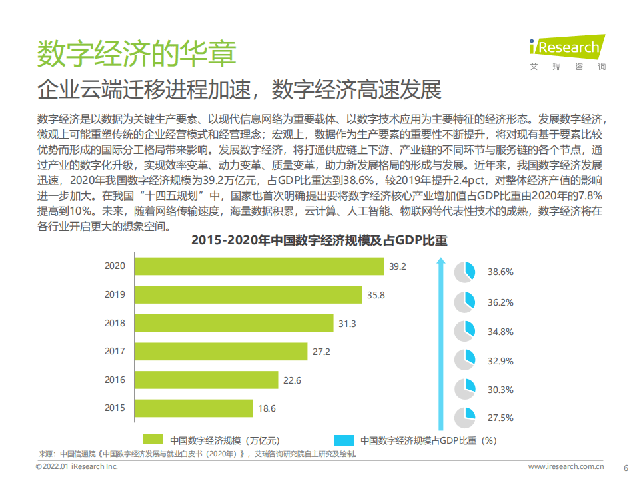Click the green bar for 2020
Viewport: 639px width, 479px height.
pos(259,266)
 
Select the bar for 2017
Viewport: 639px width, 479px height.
pos(221,351)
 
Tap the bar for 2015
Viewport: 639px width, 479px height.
pos(193,408)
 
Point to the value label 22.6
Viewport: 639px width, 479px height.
pos(292,380)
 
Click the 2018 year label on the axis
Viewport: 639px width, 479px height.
pos(115,323)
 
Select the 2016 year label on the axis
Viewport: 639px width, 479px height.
pos(115,380)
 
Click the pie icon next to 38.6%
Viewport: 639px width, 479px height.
pos(464,272)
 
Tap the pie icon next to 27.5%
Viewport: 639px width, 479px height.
pos(464,418)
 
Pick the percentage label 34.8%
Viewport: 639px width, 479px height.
pos(500,331)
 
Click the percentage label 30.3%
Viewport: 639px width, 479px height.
pos(500,389)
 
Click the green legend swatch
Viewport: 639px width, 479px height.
pos(153,440)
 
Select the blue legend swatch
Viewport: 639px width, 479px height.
pos(343,440)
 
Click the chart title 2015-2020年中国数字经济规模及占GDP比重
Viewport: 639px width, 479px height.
pos(319,240)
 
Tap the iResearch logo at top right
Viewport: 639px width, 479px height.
pos(567,49)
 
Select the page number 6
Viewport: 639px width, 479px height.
pos(625,467)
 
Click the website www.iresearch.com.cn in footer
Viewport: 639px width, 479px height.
pos(566,467)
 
